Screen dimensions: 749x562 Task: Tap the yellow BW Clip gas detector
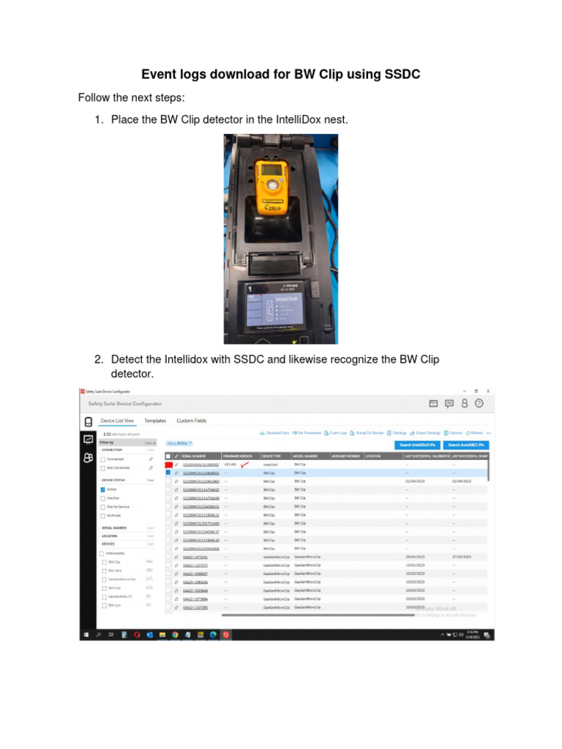[271, 187]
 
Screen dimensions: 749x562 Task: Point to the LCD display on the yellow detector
[270, 170]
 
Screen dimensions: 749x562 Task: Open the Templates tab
[155, 421]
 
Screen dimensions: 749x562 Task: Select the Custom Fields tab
[192, 421]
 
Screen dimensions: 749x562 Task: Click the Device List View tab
[117, 421]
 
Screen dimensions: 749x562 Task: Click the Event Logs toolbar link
[336, 433]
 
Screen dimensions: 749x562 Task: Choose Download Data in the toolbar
[275, 433]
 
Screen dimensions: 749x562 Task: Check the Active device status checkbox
[103, 489]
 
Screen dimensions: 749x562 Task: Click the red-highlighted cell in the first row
[168, 464]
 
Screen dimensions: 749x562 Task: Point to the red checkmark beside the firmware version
[245, 464]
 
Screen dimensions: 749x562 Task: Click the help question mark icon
[479, 403]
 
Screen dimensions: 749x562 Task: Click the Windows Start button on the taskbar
[86, 634]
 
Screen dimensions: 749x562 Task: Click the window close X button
[488, 391]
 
